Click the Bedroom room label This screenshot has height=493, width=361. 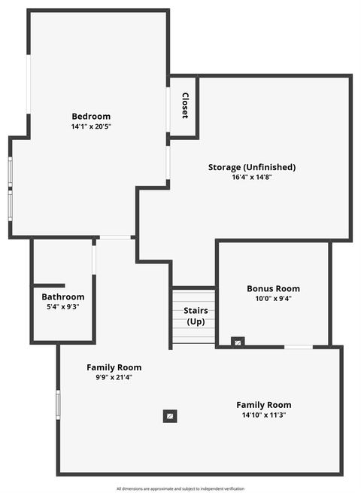tap(91, 116)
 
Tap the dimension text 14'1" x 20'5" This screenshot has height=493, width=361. tap(91, 126)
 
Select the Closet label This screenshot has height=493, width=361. tap(185, 105)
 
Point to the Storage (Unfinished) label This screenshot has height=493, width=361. tap(252, 167)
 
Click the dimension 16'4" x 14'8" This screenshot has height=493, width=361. tap(252, 178)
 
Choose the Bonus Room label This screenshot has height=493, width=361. tap(273, 288)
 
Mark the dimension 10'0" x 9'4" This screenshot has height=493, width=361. tap(273, 298)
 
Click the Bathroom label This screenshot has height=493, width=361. tap(63, 297)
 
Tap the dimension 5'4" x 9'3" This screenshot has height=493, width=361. tap(63, 306)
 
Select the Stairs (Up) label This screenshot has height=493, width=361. tap(196, 316)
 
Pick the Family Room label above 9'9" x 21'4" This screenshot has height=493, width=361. tap(114, 367)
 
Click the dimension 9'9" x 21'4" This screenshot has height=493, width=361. tap(114, 377)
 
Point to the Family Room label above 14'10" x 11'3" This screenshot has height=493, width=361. tap(263, 404)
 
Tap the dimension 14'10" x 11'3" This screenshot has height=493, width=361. tap(263, 415)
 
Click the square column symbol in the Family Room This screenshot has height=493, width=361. tap(171, 415)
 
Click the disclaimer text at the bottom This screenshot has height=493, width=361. tap(180, 488)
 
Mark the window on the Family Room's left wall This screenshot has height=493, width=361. tap(58, 404)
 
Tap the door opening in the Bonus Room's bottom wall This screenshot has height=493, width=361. tap(299, 347)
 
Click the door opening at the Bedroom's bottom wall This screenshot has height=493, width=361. tap(115, 237)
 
